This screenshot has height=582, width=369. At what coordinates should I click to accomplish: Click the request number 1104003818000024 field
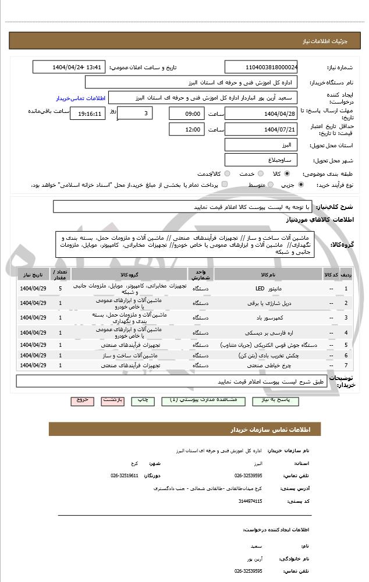pyautogui.click(x=261, y=67)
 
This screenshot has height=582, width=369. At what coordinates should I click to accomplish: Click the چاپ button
pyautogui.click(x=142, y=400)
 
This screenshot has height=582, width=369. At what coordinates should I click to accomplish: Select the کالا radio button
pyautogui.click(x=286, y=174)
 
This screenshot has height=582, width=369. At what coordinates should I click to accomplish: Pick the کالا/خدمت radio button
pyautogui.click(x=226, y=174)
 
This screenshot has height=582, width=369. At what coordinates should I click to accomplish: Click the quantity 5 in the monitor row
pyautogui.click(x=61, y=289)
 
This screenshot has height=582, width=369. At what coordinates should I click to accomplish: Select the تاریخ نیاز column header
pyautogui.click(x=33, y=274)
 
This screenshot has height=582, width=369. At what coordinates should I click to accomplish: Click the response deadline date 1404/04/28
pyautogui.click(x=261, y=113)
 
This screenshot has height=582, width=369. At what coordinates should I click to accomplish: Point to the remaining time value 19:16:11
pyautogui.click(x=88, y=113)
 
